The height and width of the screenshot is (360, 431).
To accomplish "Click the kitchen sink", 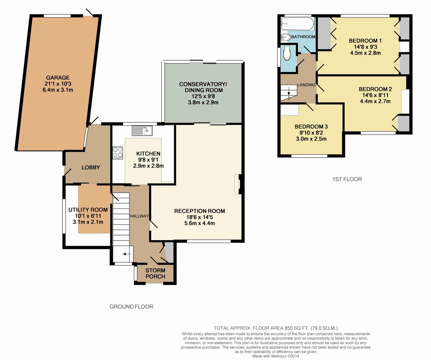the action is click(142, 131).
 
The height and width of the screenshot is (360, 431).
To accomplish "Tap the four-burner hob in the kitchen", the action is click(118, 153).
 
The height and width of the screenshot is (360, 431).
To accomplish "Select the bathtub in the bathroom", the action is click(297, 24).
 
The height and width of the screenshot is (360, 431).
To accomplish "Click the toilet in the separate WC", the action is click(287, 53).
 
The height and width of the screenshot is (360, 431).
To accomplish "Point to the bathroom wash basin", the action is click(286, 37).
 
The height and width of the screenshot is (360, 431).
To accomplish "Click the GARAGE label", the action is click(57, 78).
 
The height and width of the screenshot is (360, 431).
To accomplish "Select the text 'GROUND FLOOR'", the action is click(131, 307).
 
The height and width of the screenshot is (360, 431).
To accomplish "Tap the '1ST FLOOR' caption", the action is click(347, 179).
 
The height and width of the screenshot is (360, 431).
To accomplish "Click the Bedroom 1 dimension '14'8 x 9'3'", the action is click(365, 47).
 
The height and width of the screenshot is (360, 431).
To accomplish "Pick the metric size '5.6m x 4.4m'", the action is click(199, 223).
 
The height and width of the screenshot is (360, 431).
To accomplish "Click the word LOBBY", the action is click(91, 167).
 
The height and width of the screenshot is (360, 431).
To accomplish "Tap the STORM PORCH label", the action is click(155, 273).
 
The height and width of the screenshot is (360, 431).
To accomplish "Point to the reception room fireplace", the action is click(237, 184).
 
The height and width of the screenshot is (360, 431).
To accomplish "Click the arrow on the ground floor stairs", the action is click(127, 254).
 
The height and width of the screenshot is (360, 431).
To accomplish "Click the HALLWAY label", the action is click(139, 216).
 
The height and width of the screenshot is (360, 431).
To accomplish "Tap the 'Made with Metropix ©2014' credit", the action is click(275, 356).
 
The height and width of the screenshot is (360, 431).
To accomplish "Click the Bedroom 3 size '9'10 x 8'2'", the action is click(311, 133).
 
